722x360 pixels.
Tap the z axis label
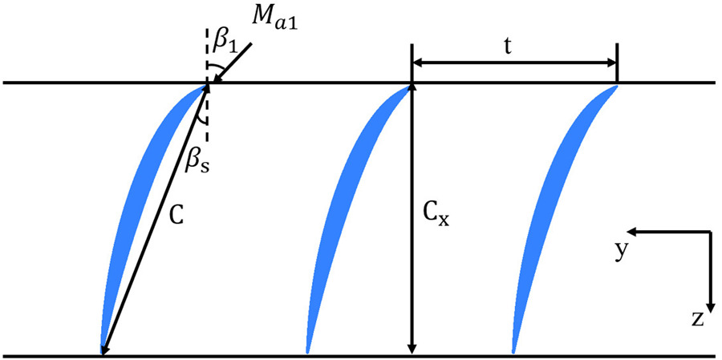(697, 320)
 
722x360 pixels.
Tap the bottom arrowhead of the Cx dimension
(412, 348)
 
